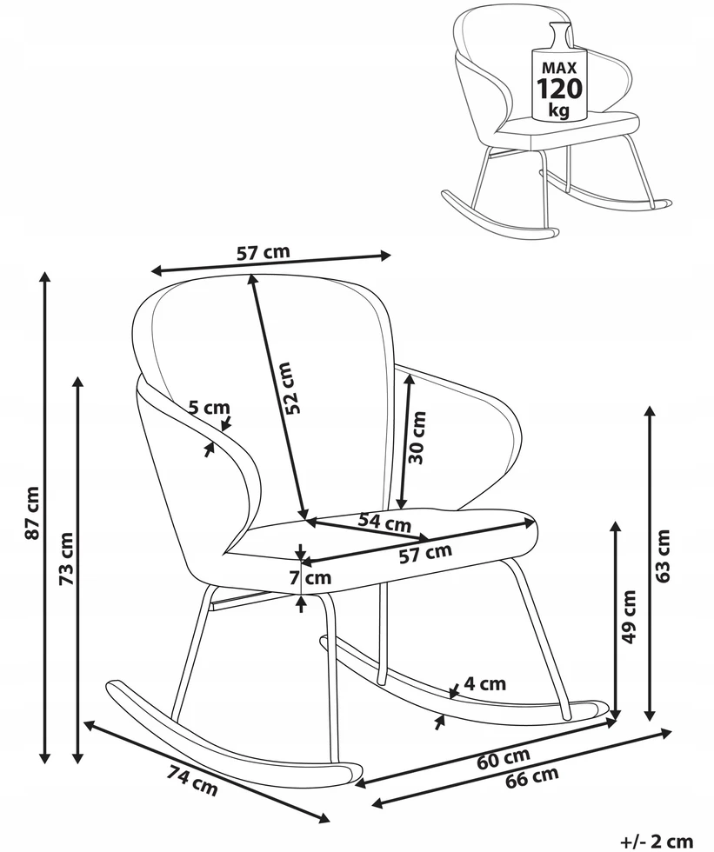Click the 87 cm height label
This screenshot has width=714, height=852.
click(32, 512)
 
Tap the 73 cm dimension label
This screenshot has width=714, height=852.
click(66, 558)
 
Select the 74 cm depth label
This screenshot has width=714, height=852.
click(192, 781)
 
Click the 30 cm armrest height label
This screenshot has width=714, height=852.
click(417, 437)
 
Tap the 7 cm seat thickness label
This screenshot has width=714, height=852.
click(310, 577)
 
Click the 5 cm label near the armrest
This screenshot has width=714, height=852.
click(210, 407)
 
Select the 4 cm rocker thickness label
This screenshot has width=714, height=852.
click(484, 683)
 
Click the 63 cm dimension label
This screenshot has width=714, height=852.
click(663, 556)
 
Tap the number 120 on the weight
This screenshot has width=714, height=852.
click(559, 88)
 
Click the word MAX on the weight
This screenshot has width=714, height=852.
click(559, 68)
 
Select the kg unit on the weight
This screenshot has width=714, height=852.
click(559, 110)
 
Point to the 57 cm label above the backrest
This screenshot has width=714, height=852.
click(264, 252)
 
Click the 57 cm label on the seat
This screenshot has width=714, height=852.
click(425, 553)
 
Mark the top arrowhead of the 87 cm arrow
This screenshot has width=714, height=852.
click(45, 276)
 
